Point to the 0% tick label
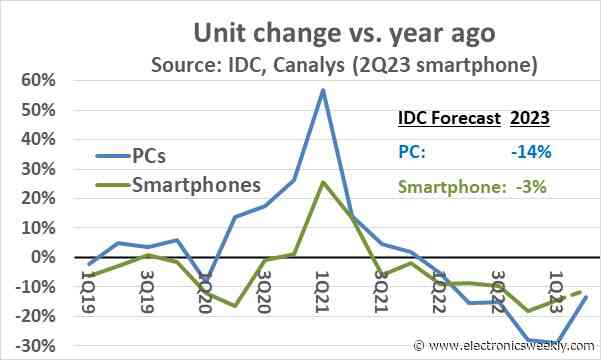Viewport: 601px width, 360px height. point(46,257)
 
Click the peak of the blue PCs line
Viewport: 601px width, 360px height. point(323,89)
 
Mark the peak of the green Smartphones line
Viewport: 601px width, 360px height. point(323,182)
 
